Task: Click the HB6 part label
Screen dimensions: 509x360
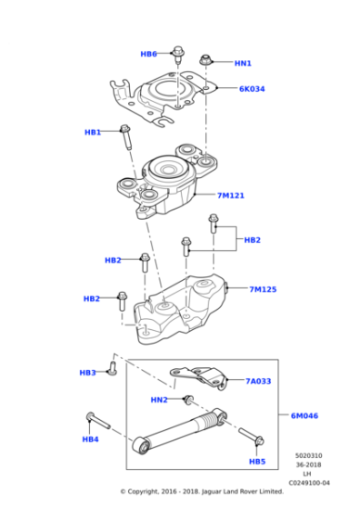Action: (x=148, y=55)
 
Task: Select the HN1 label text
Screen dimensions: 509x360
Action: (x=243, y=64)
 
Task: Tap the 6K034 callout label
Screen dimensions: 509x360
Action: (x=252, y=89)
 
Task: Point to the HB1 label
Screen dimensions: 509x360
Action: (x=93, y=133)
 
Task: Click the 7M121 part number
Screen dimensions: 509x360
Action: (x=230, y=195)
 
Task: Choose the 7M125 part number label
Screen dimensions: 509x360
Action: (x=263, y=290)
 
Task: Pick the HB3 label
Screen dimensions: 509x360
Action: (x=87, y=373)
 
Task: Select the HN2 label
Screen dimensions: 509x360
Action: (x=159, y=400)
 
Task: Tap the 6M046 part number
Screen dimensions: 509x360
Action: (x=304, y=415)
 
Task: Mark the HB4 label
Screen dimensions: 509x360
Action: (x=90, y=439)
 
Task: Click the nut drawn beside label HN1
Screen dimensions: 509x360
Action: (x=207, y=60)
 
